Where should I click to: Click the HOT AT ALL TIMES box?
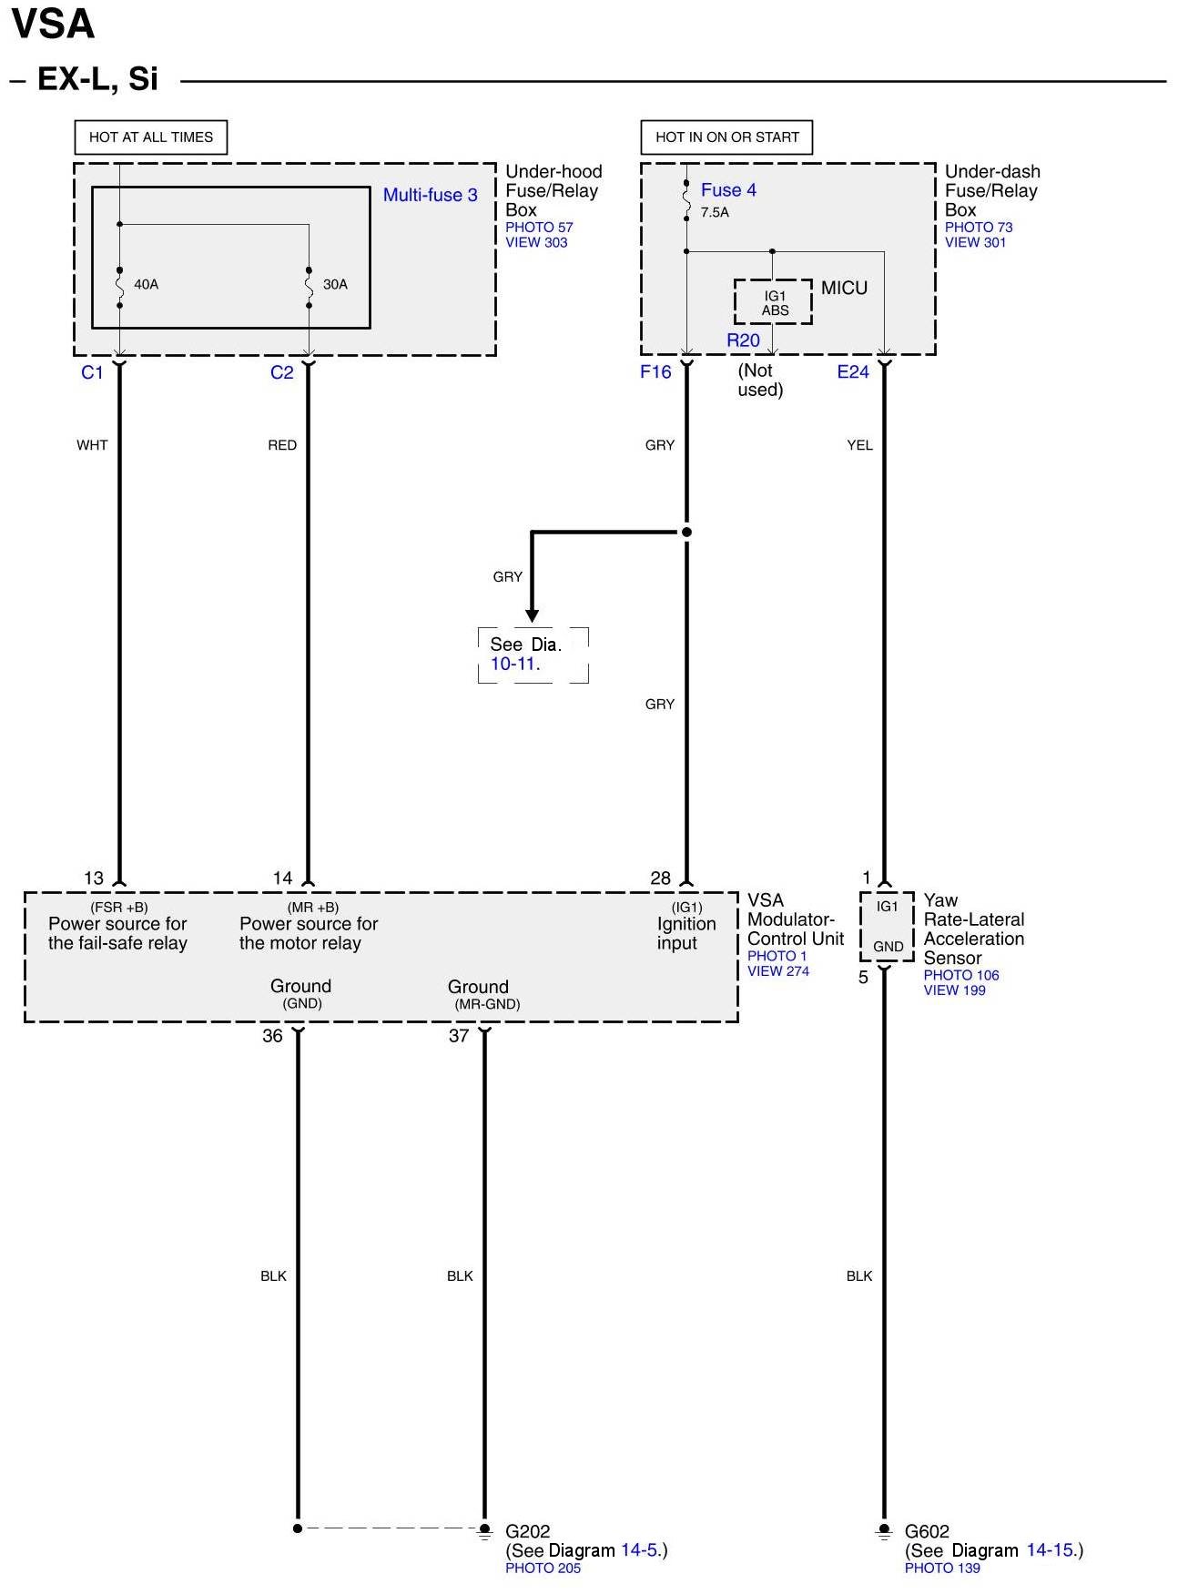pyautogui.click(x=150, y=137)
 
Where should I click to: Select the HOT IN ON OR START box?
pyautogui.click(x=726, y=137)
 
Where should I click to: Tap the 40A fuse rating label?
pyautogui.click(x=146, y=284)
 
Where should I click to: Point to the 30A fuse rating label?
pyautogui.click(x=335, y=284)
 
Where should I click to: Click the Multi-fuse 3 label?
pyautogui.click(x=430, y=195)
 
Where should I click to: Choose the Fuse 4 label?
pyautogui.click(x=728, y=190)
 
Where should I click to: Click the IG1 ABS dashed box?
pyautogui.click(x=774, y=302)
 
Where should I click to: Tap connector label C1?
pyautogui.click(x=92, y=372)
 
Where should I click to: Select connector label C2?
pyautogui.click(x=281, y=372)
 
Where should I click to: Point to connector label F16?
pyautogui.click(x=655, y=371)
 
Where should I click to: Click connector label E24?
pyautogui.click(x=853, y=371)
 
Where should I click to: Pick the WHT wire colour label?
pyautogui.click(x=92, y=445)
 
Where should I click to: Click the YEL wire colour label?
pyautogui.click(x=859, y=445)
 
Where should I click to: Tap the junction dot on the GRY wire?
pyautogui.click(x=687, y=532)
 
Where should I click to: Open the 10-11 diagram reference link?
pyautogui.click(x=513, y=664)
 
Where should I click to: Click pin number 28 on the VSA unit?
pyautogui.click(x=660, y=878)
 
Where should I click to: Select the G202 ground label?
pyautogui.click(x=528, y=1531)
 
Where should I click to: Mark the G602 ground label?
pyautogui.click(x=927, y=1531)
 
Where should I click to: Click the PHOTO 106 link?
pyautogui.click(x=961, y=975)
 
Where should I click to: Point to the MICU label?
pyautogui.click(x=844, y=289)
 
